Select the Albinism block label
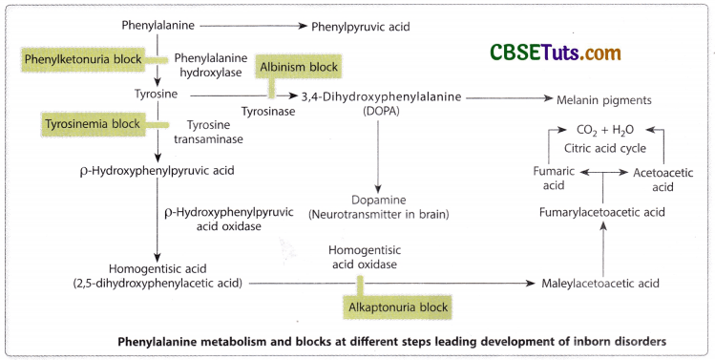click(300, 68)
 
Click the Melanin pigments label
click(610, 99)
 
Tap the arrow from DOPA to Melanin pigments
click(501, 97)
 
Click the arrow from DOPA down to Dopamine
click(379, 153)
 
